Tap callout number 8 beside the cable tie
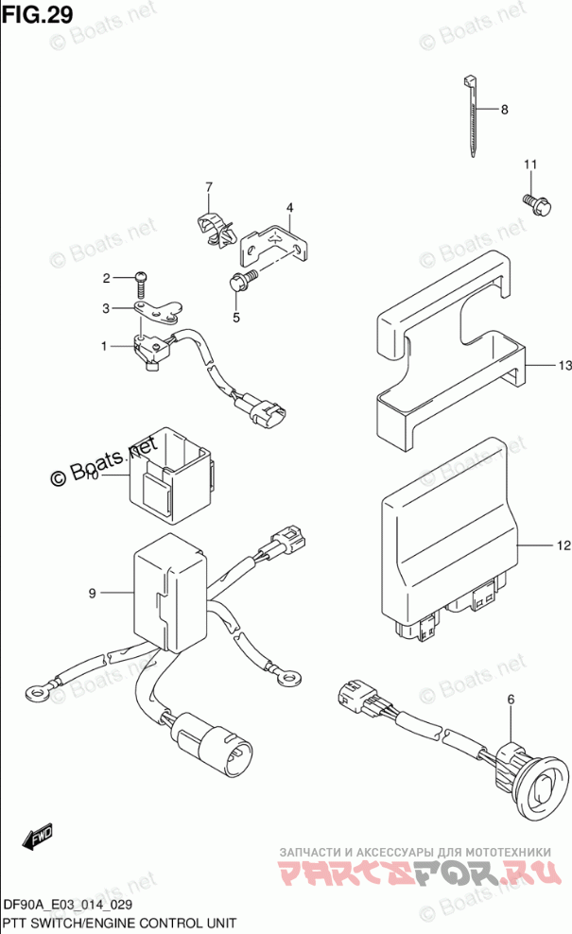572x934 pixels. [x=504, y=110]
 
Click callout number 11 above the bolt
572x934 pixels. [x=530, y=166]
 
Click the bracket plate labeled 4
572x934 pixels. [x=274, y=243]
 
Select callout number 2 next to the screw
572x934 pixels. [x=107, y=278]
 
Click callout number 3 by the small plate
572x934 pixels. [x=107, y=307]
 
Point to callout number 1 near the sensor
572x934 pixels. [x=107, y=346]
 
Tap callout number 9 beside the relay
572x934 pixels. [x=93, y=593]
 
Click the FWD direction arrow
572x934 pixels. [x=38, y=837]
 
